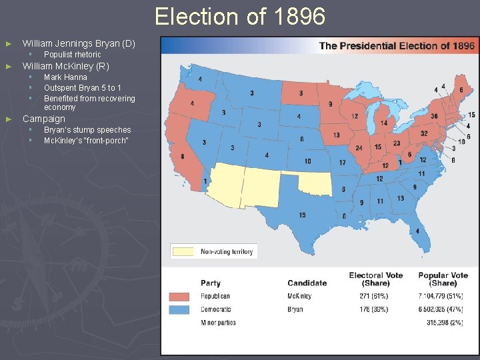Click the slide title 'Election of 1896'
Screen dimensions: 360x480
(x=240, y=16)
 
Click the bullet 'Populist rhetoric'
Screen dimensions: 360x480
(x=72, y=55)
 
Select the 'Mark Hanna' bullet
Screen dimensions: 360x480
(x=65, y=77)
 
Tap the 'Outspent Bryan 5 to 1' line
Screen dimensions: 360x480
(x=82, y=88)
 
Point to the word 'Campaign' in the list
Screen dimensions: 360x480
(x=44, y=119)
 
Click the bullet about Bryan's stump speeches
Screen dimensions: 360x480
(x=87, y=130)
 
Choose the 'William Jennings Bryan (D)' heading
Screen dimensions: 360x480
(x=79, y=43)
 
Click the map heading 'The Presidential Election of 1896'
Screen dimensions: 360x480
(x=397, y=46)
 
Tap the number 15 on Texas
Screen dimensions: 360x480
(x=302, y=215)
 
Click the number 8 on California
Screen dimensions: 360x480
(x=183, y=157)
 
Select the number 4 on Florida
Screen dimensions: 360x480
(x=417, y=231)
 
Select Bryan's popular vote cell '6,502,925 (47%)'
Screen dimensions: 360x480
(x=443, y=309)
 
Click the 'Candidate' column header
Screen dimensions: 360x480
(x=307, y=283)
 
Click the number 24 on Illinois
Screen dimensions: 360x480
(x=359, y=148)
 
